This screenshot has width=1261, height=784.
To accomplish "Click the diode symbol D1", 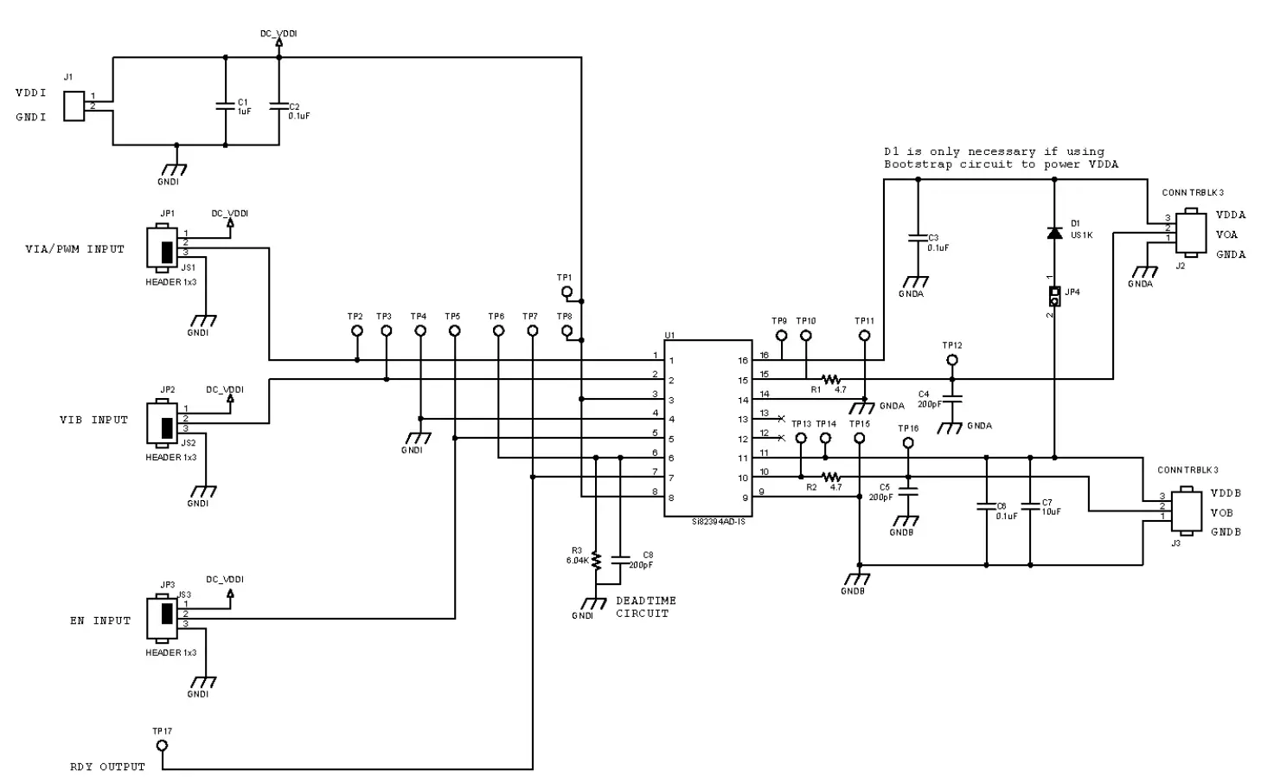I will [1054, 233].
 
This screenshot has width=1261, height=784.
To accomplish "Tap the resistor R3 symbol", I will [596, 557].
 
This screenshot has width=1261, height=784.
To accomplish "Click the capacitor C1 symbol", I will [226, 106].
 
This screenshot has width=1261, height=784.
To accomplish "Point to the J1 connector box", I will [74, 106].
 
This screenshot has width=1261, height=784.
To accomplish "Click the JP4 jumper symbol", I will [1054, 296].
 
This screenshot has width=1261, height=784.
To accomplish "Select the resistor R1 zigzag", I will [831, 379].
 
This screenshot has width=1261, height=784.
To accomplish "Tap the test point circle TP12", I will [952, 360].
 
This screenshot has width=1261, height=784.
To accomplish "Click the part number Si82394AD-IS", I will [718, 523].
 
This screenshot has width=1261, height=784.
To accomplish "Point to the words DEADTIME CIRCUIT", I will [645, 607].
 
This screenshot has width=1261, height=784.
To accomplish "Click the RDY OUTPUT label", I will [107, 767].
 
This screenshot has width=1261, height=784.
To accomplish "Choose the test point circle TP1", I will [566, 292].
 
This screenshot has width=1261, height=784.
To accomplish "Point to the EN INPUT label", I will [100, 620].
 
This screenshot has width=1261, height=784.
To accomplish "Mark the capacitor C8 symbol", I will [620, 559].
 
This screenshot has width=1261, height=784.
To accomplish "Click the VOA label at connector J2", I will [1226, 235].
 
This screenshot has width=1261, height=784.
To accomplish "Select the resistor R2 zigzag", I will [831, 477].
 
